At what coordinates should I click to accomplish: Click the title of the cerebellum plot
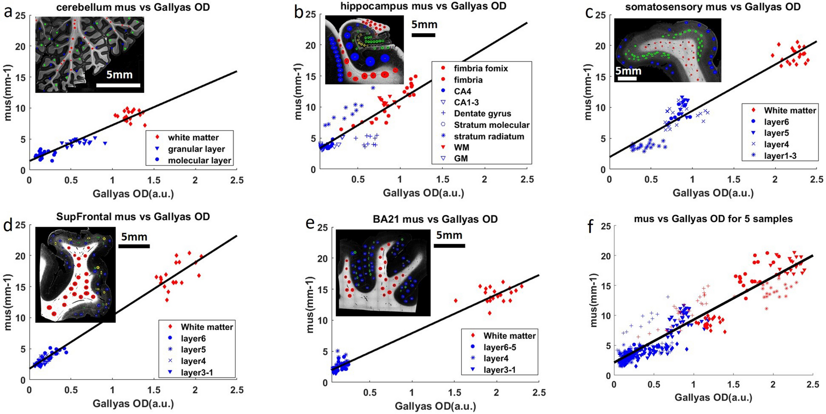(x=133, y=7)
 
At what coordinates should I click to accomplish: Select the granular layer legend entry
(x=196, y=149)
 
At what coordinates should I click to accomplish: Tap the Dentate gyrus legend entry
(x=482, y=114)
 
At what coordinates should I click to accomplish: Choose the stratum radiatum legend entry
(x=489, y=136)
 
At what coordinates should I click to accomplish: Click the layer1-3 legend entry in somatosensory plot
(x=780, y=156)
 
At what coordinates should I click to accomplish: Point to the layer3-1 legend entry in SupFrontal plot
(x=197, y=373)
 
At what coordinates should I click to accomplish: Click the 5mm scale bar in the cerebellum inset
(x=118, y=85)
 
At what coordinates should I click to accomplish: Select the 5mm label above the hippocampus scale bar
(x=424, y=24)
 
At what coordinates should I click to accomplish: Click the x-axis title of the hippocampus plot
(x=423, y=193)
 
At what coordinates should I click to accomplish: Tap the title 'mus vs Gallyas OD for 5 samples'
(x=713, y=219)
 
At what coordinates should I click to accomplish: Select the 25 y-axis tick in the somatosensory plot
(x=601, y=15)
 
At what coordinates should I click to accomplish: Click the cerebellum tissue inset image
(x=89, y=54)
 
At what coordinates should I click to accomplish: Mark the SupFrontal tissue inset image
(x=75, y=275)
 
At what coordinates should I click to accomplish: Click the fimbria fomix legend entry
(x=481, y=68)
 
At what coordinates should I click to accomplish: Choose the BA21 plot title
(x=435, y=219)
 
